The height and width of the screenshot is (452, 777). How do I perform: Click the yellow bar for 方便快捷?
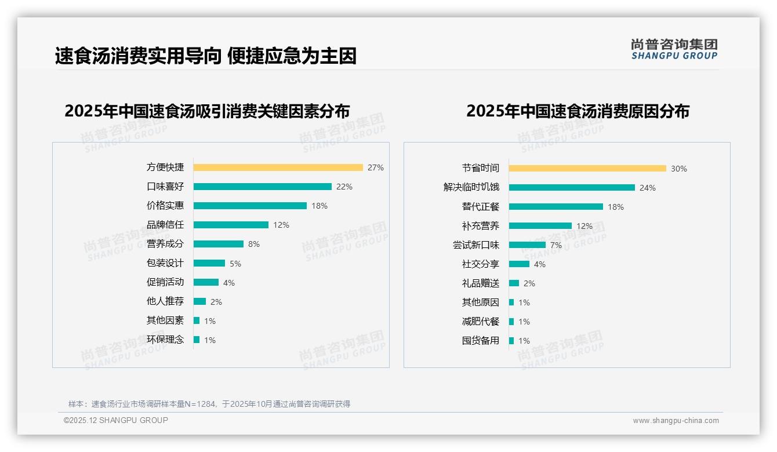coord(278,167)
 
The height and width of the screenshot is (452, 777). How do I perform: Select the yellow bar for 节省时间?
coord(587,169)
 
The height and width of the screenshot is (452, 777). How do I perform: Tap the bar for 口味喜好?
coord(262,187)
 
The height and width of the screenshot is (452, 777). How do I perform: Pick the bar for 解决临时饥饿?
coord(572,188)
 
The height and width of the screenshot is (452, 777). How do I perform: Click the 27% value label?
coord(376,168)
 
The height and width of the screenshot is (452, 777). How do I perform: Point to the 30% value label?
coord(679,169)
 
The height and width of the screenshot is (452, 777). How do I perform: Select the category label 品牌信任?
coord(165,225)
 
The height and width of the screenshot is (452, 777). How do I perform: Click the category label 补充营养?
coord(481,226)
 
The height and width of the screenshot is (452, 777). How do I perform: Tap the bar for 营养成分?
coord(219,244)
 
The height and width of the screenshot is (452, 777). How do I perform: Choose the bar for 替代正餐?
coord(556,207)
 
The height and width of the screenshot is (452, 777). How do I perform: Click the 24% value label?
coord(648,188)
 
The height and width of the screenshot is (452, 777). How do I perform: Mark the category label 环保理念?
coord(165,340)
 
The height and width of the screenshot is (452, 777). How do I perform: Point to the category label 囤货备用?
coord(481,341)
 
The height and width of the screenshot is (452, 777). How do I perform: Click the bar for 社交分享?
coord(519,264)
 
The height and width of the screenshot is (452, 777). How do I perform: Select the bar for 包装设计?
coord(209,263)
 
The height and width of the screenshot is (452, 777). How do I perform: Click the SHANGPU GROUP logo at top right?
coord(674,49)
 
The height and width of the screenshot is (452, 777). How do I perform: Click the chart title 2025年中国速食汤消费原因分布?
coord(578,111)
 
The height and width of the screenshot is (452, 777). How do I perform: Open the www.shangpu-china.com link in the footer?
coord(676,421)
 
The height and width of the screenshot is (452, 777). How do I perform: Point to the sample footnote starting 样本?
coord(209,404)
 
